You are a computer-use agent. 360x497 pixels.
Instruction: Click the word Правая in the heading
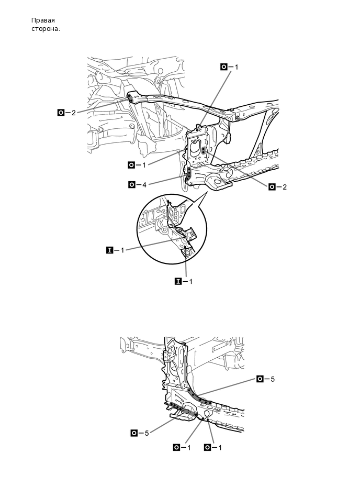pos(42,20)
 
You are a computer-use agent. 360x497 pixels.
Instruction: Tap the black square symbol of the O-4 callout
pos(131,184)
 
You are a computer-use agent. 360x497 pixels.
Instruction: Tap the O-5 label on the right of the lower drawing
pos(266,379)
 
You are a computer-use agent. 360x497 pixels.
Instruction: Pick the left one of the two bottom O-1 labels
pos(182,447)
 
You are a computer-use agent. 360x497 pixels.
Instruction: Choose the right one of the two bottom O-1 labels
pos(213,447)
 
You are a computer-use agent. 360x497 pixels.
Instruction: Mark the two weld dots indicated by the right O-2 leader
pos(204,150)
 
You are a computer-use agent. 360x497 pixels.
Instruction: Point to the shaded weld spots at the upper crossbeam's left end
pos(129,96)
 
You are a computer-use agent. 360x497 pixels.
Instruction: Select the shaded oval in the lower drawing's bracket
pos(185,413)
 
